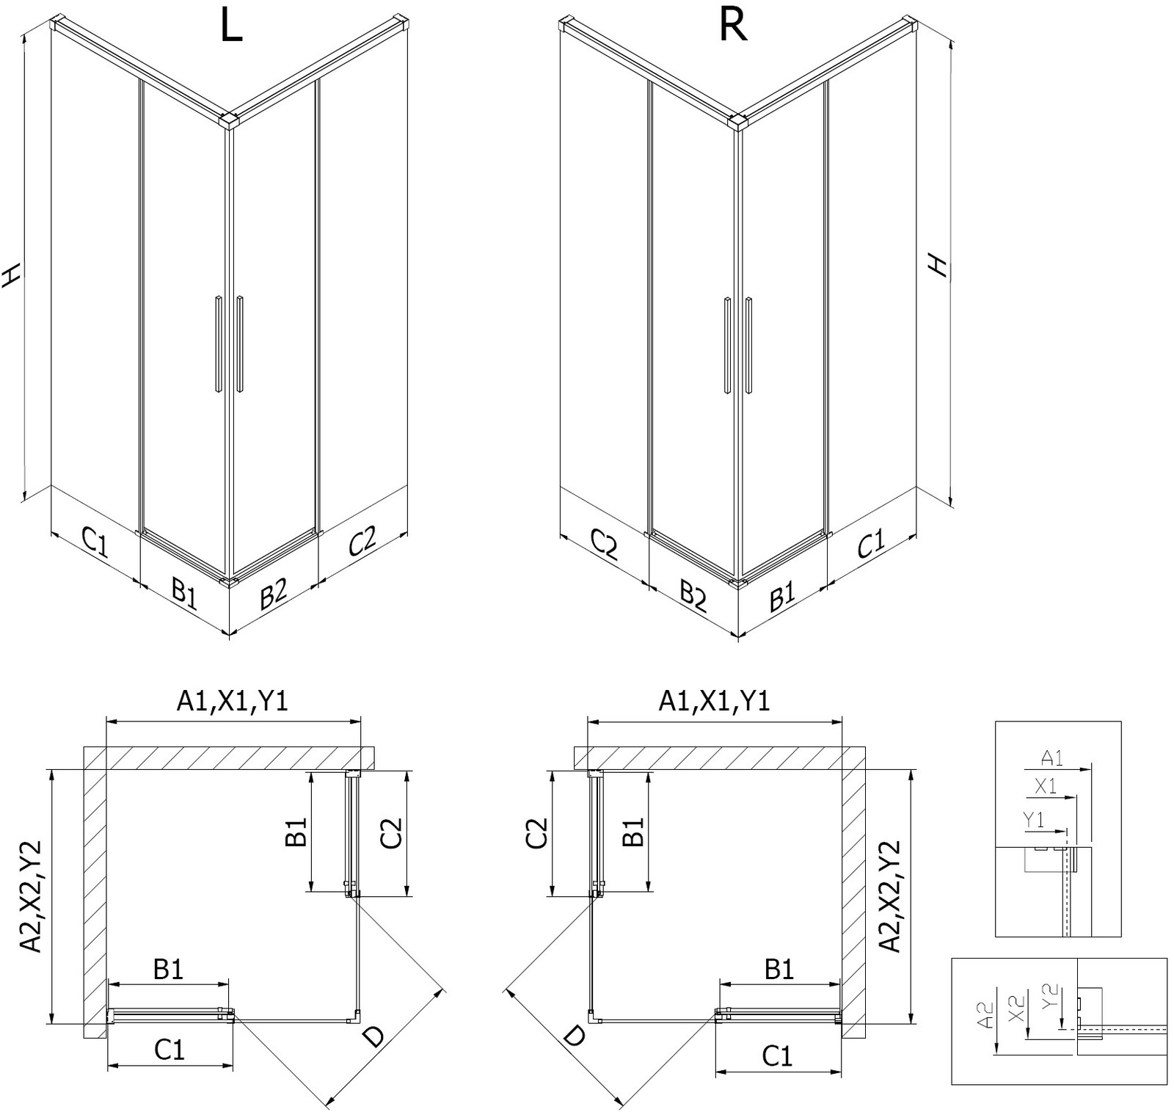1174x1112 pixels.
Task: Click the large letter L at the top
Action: (x=231, y=28)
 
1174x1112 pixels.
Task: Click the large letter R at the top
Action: (x=733, y=26)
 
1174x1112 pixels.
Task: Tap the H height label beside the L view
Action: (x=11, y=275)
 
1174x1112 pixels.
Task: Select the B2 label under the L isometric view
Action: (x=273, y=592)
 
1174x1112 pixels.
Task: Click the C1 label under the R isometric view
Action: (x=871, y=544)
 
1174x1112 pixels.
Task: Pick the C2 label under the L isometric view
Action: (x=362, y=541)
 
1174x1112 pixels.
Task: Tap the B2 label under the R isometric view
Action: (x=691, y=595)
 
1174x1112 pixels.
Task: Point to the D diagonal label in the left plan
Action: (x=374, y=1036)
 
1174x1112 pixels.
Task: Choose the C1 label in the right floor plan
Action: (x=777, y=1056)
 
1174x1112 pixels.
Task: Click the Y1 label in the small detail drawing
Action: (x=1034, y=821)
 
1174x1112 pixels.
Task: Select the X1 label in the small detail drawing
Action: (x=1046, y=787)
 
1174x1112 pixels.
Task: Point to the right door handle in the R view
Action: (x=748, y=345)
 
